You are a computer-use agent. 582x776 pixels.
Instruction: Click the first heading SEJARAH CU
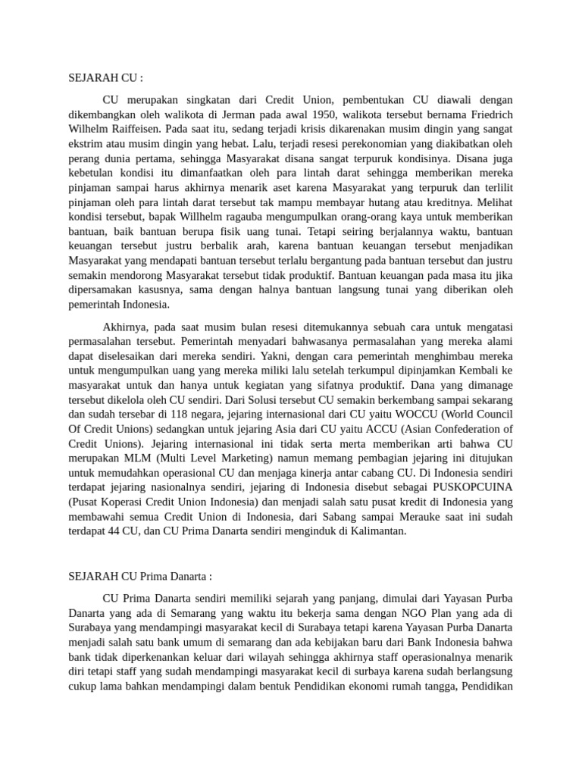[105, 77]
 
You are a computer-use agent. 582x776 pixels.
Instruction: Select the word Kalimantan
[376, 530]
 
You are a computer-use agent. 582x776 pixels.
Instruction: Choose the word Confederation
[473, 428]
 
